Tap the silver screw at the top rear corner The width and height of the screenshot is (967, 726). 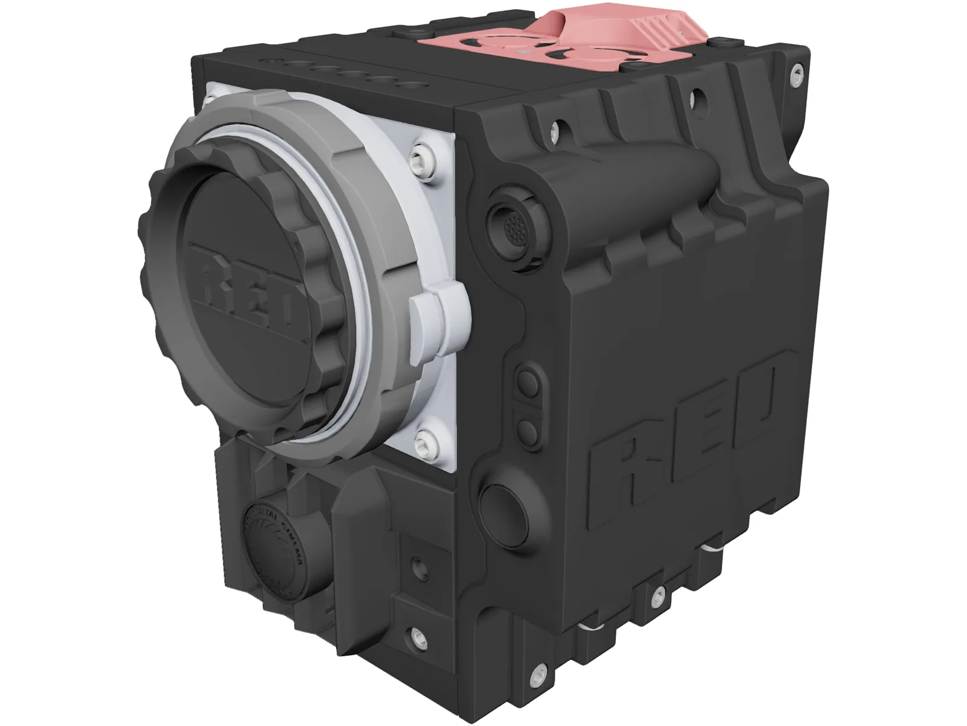[x=797, y=76]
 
